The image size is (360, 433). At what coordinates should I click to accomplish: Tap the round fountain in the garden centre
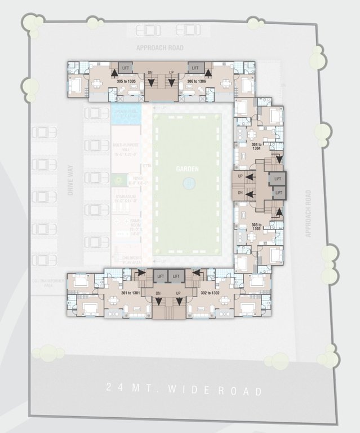pos(188,183)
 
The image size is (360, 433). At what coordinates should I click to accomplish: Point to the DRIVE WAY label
pos(71,184)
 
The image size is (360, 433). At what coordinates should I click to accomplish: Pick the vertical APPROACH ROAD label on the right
pos(308,213)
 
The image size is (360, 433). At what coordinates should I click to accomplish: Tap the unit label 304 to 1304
pos(256,147)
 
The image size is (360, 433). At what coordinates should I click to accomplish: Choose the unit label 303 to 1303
pos(256,227)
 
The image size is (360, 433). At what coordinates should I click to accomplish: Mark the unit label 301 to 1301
pos(130,294)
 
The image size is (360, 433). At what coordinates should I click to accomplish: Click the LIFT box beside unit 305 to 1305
pos(125,68)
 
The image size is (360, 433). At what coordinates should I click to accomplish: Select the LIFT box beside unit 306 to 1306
pos(195,68)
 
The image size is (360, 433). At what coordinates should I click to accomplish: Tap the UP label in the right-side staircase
pos(241,176)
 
